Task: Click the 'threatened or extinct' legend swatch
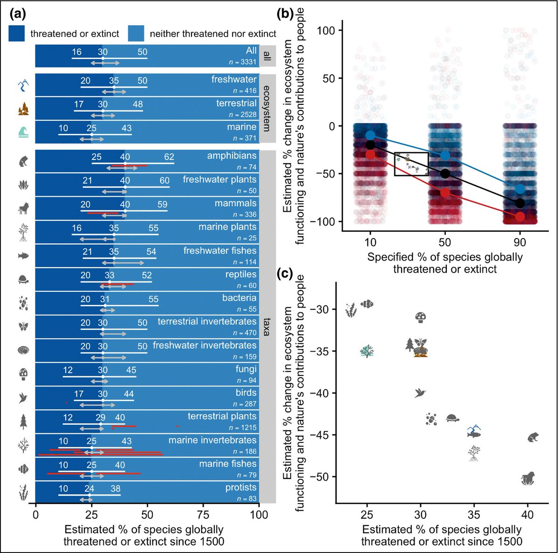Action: [17, 33]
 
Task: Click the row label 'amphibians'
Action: [232, 156]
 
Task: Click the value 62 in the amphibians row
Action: [169, 157]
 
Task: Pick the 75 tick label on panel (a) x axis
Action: [203, 515]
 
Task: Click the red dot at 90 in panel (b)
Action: [520, 217]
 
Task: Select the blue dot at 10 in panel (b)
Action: [370, 135]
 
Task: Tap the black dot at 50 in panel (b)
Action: [445, 173]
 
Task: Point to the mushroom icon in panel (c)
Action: [421, 318]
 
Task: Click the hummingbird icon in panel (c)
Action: [421, 393]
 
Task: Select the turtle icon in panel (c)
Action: [453, 418]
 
